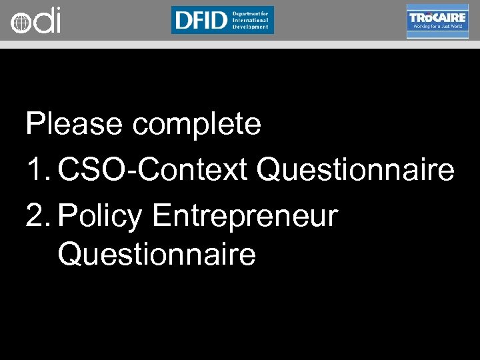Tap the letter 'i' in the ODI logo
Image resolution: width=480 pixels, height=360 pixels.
(57, 20)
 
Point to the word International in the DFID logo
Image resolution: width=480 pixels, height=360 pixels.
(251, 20)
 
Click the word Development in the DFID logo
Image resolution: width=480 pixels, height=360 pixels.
(250, 27)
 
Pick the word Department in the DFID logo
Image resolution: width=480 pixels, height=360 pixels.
(250, 13)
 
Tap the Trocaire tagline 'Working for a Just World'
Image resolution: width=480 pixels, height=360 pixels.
(437, 27)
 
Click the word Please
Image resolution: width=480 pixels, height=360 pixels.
(73, 124)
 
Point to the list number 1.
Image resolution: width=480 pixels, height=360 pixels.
(35, 171)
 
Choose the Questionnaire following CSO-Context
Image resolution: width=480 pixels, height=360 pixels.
(355, 171)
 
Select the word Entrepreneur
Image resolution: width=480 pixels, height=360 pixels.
(245, 217)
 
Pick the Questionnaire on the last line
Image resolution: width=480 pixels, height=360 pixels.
(157, 254)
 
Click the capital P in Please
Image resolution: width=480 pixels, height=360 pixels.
(35, 124)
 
